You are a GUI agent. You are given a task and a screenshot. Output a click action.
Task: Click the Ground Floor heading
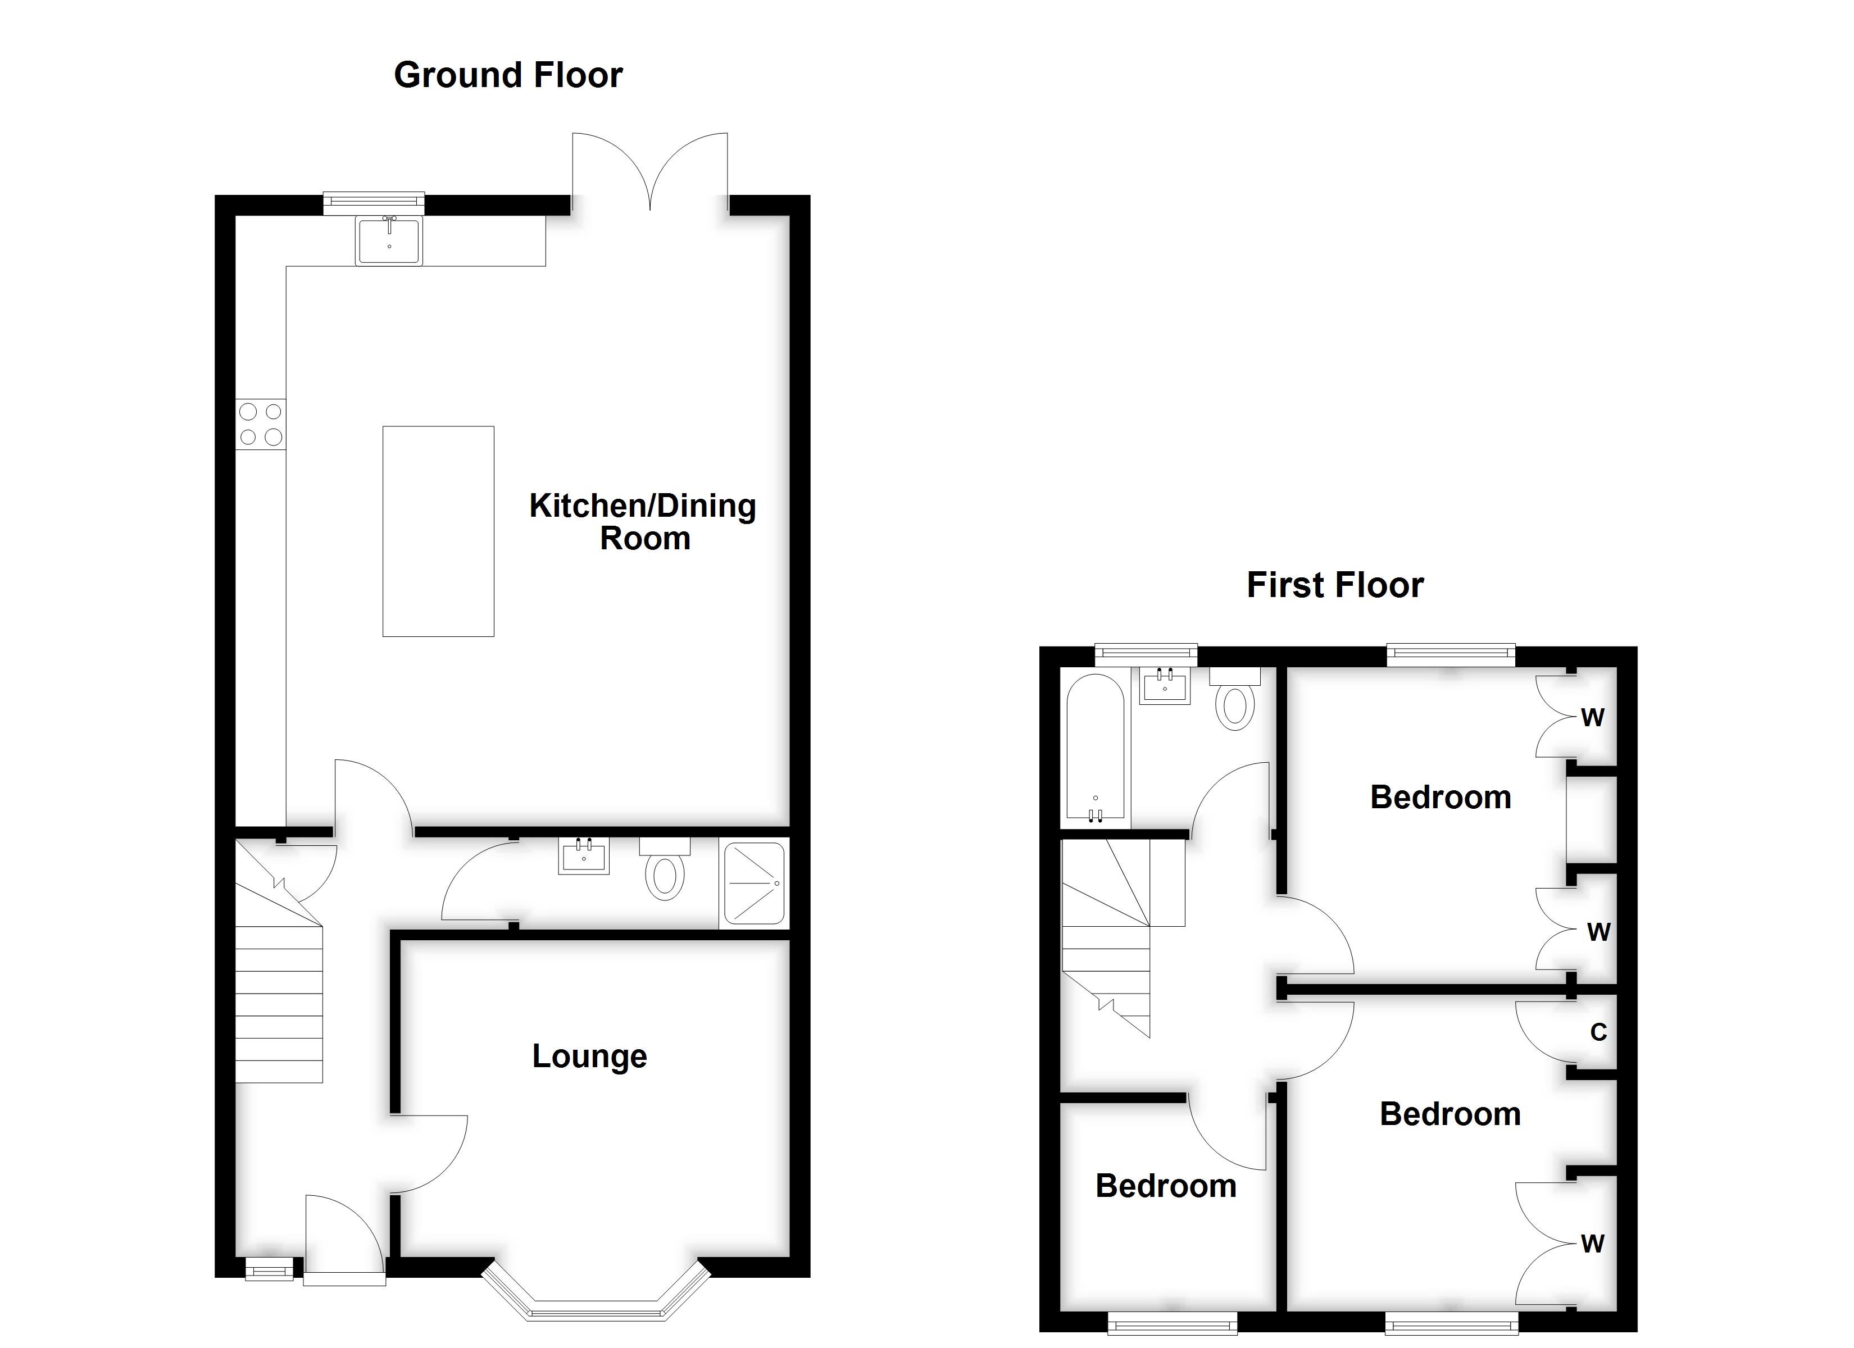click(508, 75)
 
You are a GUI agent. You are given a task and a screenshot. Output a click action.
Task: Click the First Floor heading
click(1334, 585)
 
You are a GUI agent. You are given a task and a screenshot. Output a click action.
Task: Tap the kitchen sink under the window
click(389, 240)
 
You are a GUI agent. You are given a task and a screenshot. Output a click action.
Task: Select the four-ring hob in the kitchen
click(261, 423)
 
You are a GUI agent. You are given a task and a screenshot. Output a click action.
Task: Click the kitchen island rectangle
click(438, 531)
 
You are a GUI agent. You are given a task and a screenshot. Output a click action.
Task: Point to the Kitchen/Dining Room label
click(643, 522)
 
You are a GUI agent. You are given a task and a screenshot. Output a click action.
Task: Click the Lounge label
click(589, 1056)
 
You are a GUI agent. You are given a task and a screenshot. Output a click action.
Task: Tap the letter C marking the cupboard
click(1598, 1032)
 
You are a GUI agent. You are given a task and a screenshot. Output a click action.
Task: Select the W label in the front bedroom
click(1592, 1244)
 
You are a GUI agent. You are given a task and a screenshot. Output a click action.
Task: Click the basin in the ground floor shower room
click(584, 857)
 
